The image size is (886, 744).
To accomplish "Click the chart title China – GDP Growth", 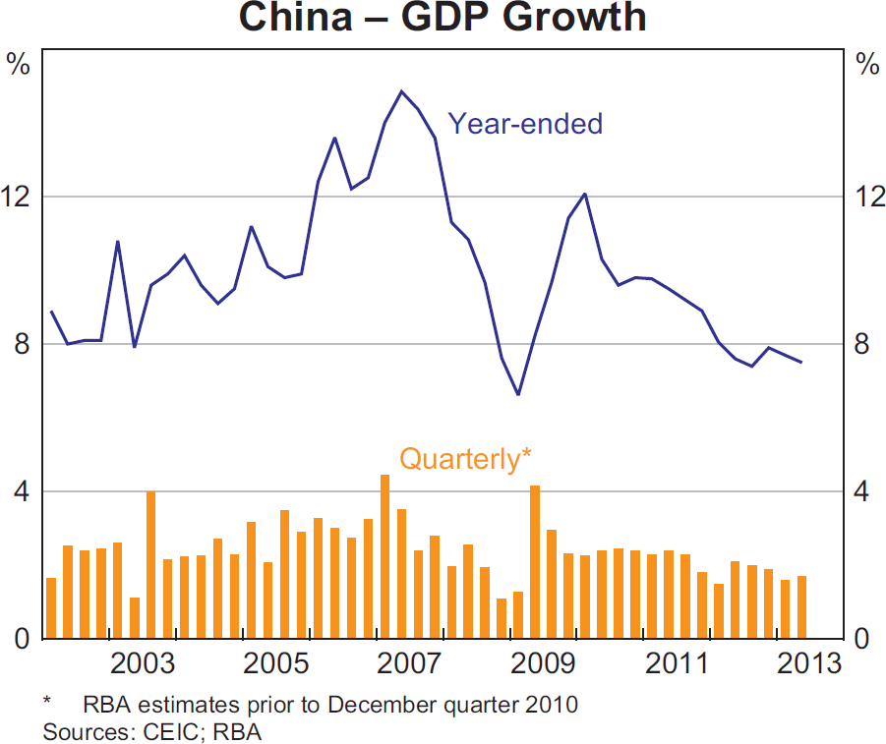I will [443, 17].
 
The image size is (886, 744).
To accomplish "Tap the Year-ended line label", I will [525, 124].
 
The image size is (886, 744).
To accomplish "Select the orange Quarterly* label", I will [465, 459].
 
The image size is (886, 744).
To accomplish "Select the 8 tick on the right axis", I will [866, 344].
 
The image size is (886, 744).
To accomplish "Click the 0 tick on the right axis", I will [866, 639].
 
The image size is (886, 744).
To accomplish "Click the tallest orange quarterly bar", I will [384, 556].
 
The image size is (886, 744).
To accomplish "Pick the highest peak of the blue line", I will [401, 91].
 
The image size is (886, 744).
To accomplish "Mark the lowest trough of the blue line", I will [518, 394].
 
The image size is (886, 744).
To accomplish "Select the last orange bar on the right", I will [802, 607].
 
